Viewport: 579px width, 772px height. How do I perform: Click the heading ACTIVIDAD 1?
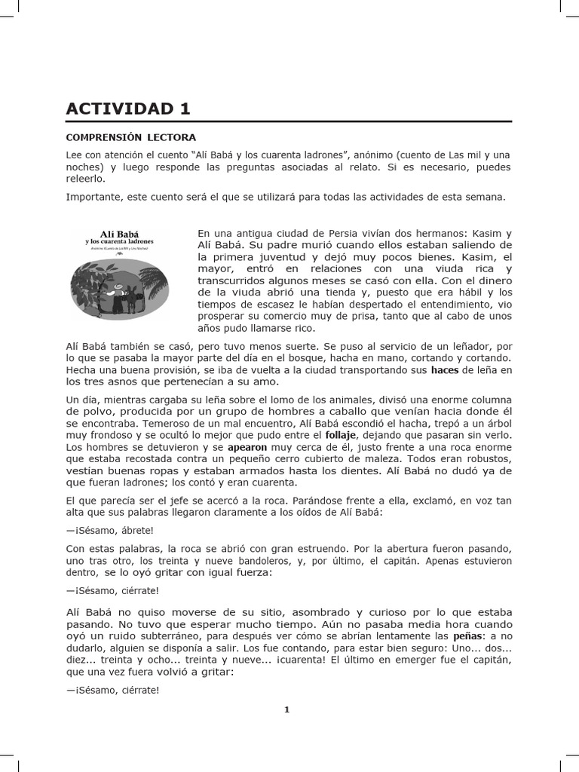pyautogui.click(x=128, y=109)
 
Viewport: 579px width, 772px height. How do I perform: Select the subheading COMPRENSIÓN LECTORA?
pyautogui.click(x=130, y=137)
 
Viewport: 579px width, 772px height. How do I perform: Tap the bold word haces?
pyautogui.click(x=444, y=370)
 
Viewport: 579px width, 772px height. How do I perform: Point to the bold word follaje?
pyautogui.click(x=340, y=435)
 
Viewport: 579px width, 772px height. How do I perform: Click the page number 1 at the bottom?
pyautogui.click(x=286, y=709)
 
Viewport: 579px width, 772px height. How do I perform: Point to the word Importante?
pyautogui.click(x=94, y=197)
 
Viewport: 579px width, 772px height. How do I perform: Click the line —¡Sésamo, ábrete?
pyautogui.click(x=110, y=529)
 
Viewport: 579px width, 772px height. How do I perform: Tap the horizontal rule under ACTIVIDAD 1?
pyautogui.click(x=289, y=121)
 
